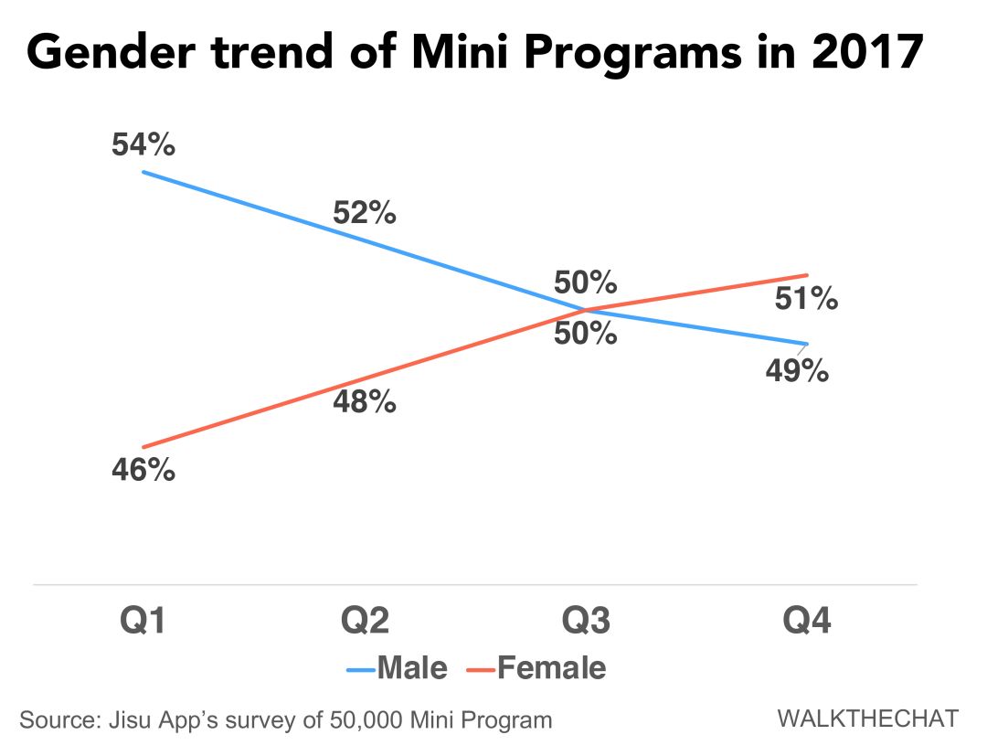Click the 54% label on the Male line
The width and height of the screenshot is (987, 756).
pos(143,145)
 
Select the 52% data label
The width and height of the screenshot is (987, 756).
pos(364,213)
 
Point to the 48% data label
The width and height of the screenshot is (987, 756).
pos(364,400)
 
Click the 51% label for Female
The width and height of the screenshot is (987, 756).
pos(805,298)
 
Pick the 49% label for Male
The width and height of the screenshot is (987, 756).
pos(797,371)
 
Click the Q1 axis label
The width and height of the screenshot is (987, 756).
pos(143,622)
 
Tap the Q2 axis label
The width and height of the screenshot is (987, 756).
pos(365,622)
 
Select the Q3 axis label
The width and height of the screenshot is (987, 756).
pos(586,622)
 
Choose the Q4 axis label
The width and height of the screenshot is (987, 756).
pos(808,622)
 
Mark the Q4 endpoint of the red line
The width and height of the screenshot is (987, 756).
pos(807,275)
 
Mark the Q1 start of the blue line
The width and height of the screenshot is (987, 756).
pos(143,172)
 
